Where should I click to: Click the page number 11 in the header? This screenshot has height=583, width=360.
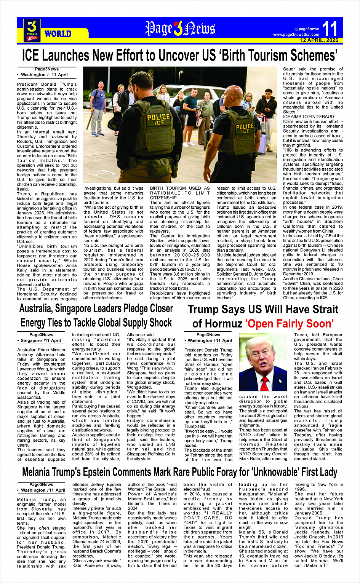(x=330, y=29)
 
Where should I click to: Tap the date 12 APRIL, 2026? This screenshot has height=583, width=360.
(x=319, y=40)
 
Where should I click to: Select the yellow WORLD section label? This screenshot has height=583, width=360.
(x=58, y=34)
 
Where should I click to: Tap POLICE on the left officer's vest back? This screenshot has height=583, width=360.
(x=158, y=117)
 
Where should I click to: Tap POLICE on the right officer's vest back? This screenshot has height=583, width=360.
(x=245, y=127)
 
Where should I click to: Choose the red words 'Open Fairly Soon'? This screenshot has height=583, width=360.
(x=290, y=324)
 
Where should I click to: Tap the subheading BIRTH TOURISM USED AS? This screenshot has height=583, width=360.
(x=180, y=188)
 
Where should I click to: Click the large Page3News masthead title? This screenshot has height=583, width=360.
(x=180, y=29)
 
